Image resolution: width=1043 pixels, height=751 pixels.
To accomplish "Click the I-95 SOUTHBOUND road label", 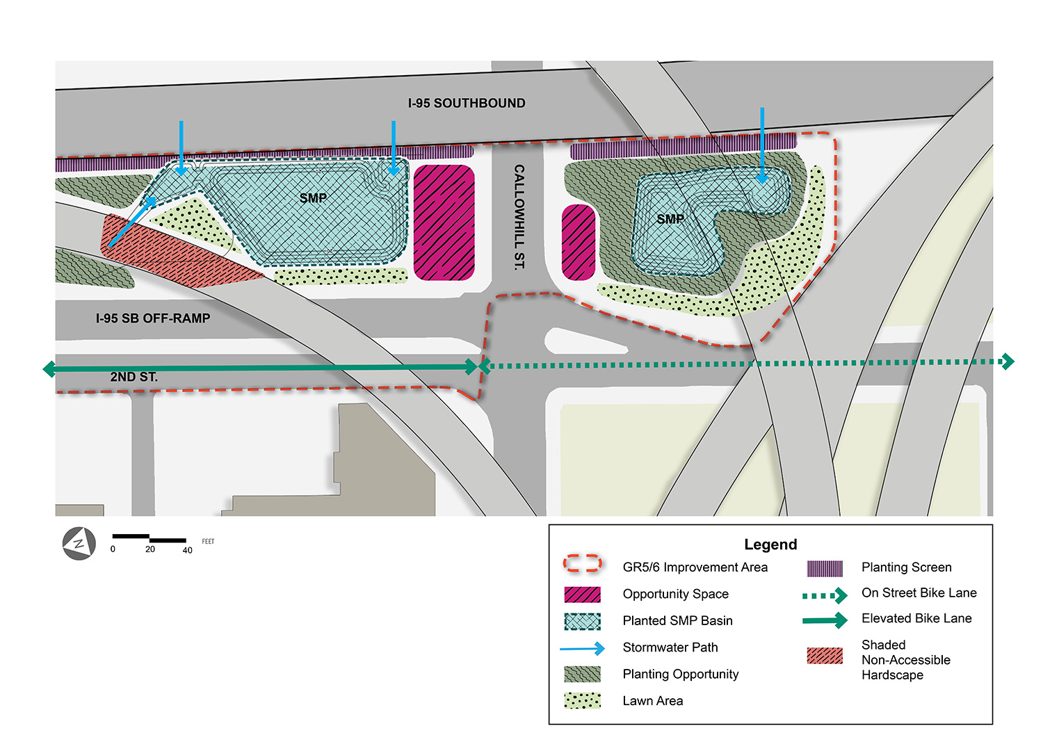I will pos(467,103).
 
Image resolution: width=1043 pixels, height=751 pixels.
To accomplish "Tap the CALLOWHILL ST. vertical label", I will pos(519,217).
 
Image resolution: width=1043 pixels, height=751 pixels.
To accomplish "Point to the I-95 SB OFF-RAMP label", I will pos(153,318).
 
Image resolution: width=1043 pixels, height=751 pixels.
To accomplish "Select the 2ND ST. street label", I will pos(134,377).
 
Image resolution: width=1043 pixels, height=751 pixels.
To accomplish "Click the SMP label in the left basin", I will pos(313,198).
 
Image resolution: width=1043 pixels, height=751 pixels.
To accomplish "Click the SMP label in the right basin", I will pos(670,219).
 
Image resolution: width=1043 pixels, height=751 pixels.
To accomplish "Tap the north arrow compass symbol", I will pos(79,544).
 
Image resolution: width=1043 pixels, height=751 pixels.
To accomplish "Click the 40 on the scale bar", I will pos(187,550).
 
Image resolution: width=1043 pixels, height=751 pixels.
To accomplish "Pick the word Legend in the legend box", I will pos(770,544).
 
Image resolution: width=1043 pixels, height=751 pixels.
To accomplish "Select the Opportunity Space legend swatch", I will pos(582,595).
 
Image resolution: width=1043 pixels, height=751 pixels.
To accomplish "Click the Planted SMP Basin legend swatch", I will pos(582,621).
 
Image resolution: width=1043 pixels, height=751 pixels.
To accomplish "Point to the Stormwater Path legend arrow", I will pos(582,649).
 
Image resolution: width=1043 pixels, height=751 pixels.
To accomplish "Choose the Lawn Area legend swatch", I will pos(582,701).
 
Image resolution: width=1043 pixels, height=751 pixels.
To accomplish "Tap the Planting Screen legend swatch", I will pos(825,568).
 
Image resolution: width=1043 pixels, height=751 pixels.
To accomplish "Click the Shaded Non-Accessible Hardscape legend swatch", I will pos(825,656).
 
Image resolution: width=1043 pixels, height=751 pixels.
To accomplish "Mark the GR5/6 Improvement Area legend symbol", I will pos(582,564).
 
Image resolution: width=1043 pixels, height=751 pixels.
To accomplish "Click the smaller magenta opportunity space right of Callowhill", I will pos(579,242).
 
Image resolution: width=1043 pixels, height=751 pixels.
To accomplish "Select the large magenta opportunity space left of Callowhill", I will pos(444,223).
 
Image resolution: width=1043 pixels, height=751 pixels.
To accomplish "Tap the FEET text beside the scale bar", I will pos(208,541).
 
